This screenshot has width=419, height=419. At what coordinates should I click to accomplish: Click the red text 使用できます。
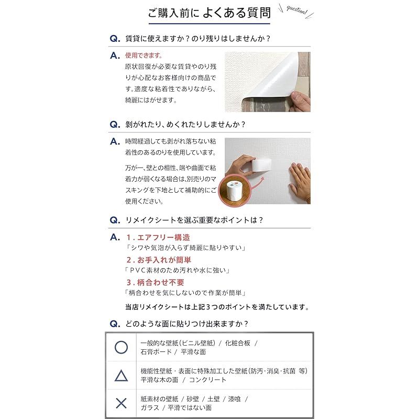[x=144, y=55]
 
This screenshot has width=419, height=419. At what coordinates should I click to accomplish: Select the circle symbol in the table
[x=121, y=347]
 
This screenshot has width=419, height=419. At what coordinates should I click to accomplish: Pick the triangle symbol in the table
[x=121, y=376]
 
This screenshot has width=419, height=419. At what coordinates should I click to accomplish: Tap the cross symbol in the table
[x=121, y=403]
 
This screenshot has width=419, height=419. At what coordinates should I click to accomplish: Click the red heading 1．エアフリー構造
[x=158, y=237]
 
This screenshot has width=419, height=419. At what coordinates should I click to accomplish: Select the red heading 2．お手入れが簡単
[x=159, y=260]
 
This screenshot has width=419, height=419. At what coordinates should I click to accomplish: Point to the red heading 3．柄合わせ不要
[x=155, y=282]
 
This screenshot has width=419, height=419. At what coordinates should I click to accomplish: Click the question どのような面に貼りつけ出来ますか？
[x=186, y=324]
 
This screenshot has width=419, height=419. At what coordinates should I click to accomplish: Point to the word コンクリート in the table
[x=208, y=380]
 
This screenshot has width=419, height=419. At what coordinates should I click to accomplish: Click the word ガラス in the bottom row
[x=150, y=407]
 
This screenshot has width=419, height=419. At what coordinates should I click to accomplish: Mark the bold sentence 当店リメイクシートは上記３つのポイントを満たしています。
[x=217, y=307]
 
